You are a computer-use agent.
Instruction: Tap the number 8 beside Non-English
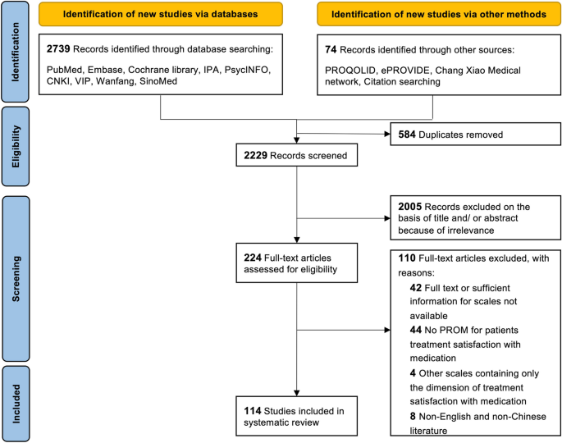pos(414,417)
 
